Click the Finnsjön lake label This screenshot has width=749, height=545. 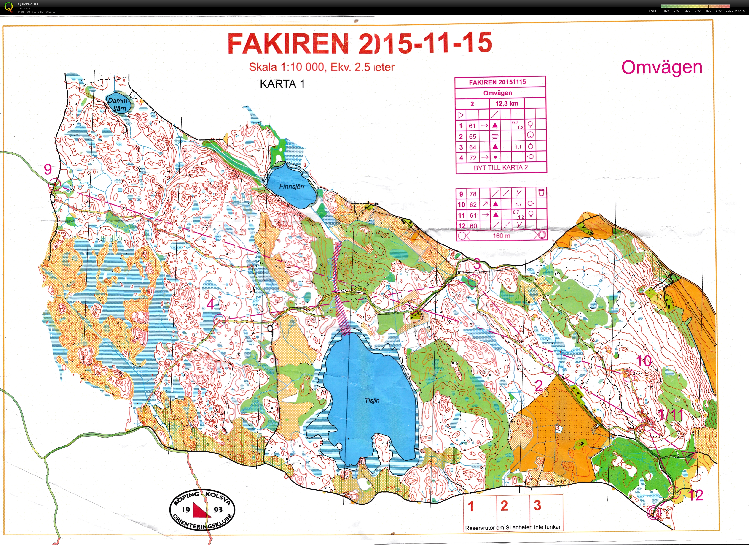[x=291, y=186]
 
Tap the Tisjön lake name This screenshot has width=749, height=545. [x=372, y=401]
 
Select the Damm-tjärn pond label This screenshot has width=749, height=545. [x=117, y=104]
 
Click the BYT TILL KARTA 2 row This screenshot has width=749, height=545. [x=500, y=168]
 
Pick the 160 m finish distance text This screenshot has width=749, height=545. [x=501, y=236]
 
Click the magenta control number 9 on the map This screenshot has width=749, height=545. [x=48, y=170]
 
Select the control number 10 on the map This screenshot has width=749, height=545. [x=644, y=361]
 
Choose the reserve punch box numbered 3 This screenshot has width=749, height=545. [x=537, y=505]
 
